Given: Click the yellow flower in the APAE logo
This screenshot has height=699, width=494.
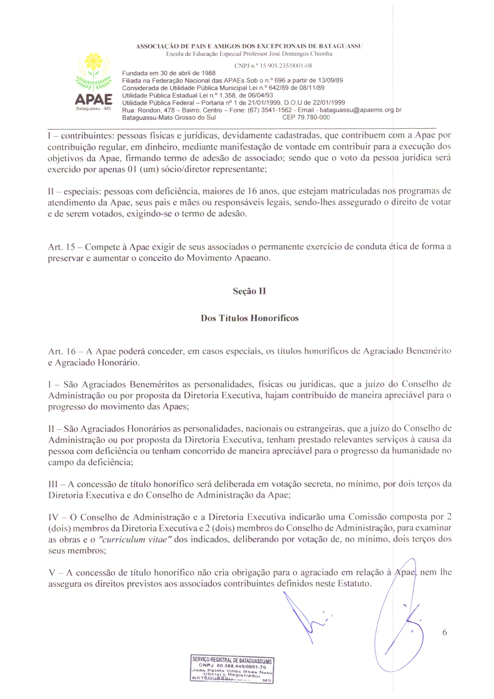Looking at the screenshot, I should point(94,61).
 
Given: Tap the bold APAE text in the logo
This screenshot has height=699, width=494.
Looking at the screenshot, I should point(94,99).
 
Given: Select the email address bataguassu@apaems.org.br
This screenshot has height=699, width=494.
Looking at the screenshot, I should point(360,110).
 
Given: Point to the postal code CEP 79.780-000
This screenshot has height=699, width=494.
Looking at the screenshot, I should point(306,117).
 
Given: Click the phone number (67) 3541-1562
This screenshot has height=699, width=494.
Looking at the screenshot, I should point(270,110).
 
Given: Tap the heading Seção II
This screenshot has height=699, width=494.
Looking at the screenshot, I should point(249,291).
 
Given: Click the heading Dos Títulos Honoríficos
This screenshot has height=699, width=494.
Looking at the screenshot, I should point(249,318).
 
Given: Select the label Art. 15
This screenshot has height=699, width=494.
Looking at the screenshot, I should point(61,247).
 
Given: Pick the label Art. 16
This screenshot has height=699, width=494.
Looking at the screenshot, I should point(62,351).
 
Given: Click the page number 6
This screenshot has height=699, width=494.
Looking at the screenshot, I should point(445,632).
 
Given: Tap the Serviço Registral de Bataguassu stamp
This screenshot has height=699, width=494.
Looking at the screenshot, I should point(232,670).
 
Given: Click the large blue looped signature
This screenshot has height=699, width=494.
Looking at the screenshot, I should point(398,621).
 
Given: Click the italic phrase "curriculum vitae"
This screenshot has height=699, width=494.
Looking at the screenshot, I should point(135,540).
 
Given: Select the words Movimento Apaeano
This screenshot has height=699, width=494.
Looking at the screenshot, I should point(228,258).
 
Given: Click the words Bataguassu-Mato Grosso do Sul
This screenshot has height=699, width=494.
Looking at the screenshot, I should point(169,117).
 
